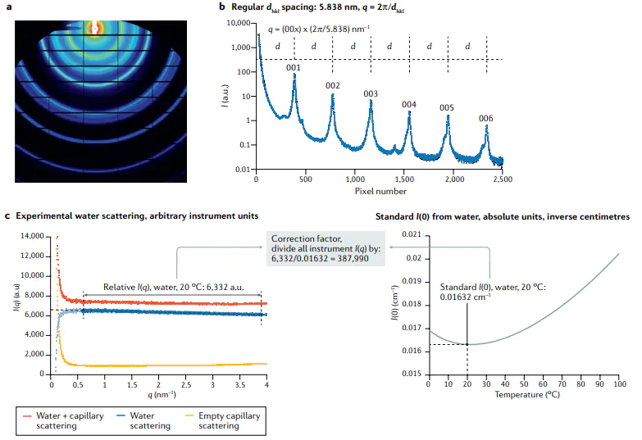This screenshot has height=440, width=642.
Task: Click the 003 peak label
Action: coord(371,93)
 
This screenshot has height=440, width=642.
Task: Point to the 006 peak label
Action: coord(486,119)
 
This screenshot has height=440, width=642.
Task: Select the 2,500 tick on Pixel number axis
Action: coord(502,179)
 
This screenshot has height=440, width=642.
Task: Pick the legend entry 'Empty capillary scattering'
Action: coord(227,420)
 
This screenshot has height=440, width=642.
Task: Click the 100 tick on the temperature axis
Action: coord(620,383)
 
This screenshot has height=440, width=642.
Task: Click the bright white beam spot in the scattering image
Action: coord(95,27)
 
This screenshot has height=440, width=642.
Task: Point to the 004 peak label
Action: coord(409,104)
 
